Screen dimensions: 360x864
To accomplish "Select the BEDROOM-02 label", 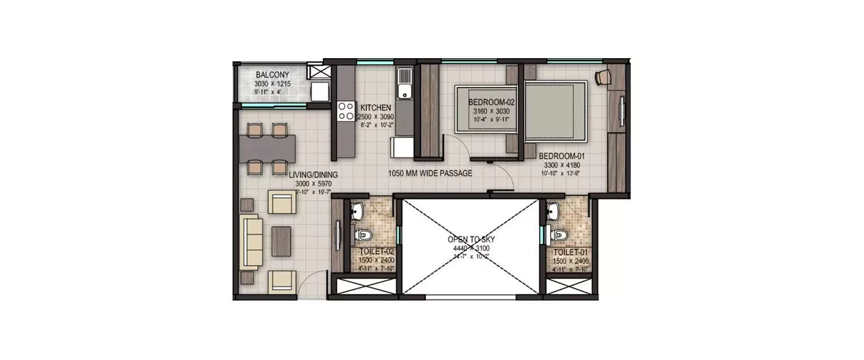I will (x=490, y=102).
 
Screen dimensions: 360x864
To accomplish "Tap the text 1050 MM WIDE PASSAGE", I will (x=430, y=173).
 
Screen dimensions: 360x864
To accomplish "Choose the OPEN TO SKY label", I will (x=471, y=239).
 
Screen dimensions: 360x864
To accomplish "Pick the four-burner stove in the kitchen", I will (x=346, y=111).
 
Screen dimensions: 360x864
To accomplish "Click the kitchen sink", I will (x=404, y=90).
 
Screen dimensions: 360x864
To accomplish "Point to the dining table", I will (x=268, y=148).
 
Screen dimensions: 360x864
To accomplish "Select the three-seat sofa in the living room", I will (x=251, y=242).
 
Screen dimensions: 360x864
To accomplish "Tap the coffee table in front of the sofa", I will (x=281, y=241).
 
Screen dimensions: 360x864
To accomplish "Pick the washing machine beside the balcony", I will (x=319, y=92).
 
